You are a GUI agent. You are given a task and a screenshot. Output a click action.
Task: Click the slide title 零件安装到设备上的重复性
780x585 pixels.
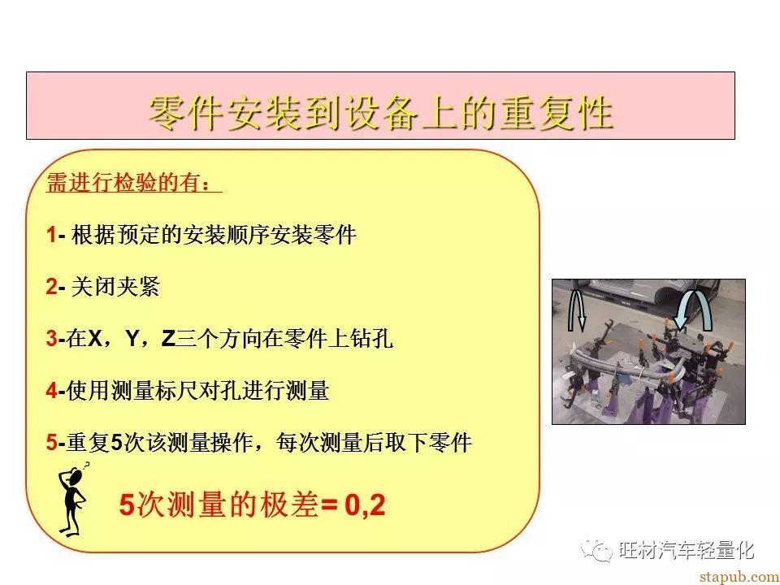380,114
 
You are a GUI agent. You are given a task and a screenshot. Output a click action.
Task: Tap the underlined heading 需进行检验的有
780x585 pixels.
128,183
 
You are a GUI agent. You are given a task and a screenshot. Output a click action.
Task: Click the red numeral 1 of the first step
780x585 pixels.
51,235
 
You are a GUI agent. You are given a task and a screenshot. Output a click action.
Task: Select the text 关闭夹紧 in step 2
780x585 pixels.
115,287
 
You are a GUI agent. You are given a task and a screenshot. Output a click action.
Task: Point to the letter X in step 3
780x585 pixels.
95,339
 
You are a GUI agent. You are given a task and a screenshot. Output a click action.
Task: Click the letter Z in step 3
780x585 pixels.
168,339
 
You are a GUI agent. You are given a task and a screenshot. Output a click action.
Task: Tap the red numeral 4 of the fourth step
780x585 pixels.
52,391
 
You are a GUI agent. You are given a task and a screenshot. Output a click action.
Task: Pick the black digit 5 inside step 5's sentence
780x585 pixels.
116,443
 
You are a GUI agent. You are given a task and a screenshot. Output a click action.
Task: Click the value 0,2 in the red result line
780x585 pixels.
365,505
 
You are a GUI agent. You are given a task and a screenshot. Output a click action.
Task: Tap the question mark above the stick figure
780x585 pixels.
86,466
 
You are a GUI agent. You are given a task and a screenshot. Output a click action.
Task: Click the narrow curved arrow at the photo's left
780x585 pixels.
577,311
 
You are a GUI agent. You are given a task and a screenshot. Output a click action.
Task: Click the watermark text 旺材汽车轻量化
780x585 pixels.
687,550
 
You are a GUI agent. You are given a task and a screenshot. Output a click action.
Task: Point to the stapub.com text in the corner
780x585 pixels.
739,577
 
